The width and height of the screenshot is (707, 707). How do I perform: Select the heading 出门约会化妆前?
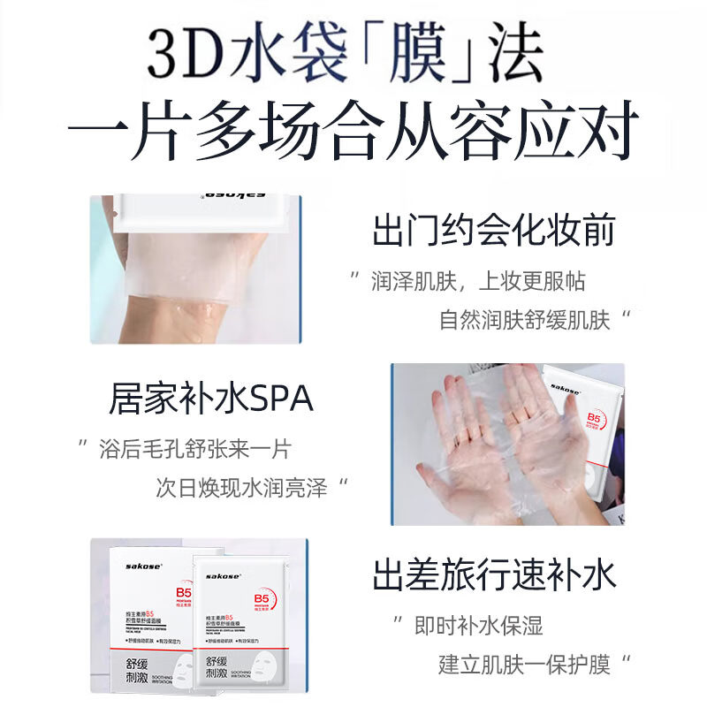tap(493, 232)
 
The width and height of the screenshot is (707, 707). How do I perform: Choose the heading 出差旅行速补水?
tap(493, 575)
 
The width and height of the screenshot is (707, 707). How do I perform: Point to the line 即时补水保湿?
tap(478, 627)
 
